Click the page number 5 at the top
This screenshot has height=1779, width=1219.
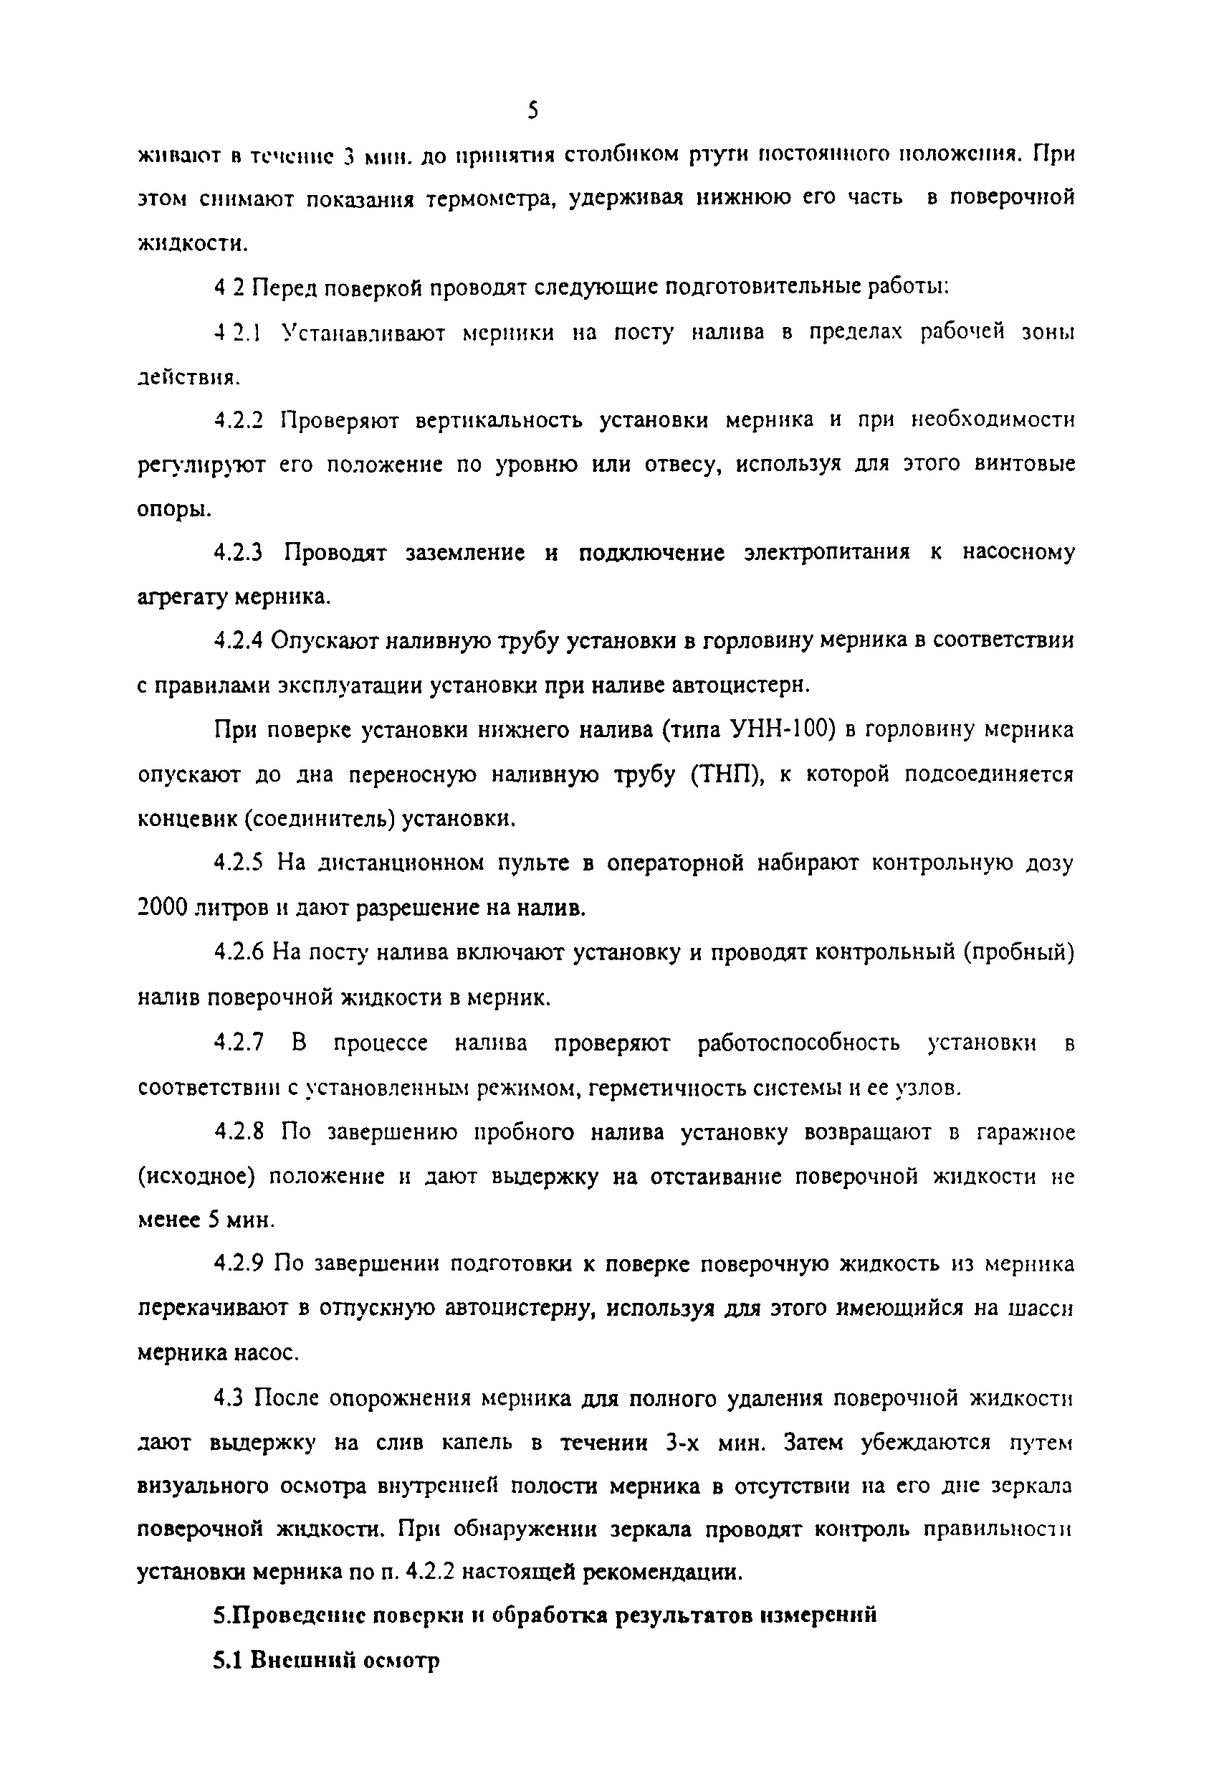coord(533,112)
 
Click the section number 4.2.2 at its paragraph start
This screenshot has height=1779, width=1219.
coord(239,420)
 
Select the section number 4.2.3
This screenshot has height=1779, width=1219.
coord(239,552)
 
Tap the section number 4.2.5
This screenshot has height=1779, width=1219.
coord(239,863)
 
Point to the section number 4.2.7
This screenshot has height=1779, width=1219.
coord(239,1043)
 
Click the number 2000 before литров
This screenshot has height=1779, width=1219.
coord(163,908)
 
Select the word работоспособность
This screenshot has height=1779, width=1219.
coord(798,1043)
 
